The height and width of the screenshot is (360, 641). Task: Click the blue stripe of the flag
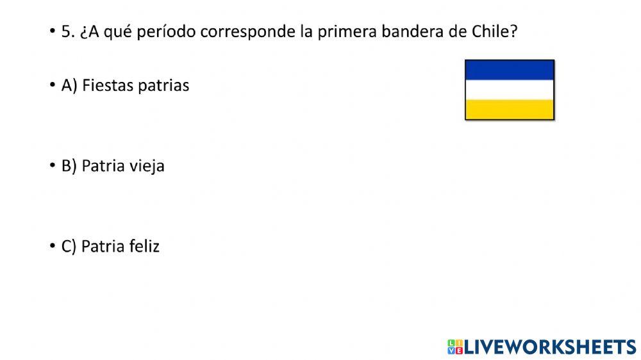point(509,70)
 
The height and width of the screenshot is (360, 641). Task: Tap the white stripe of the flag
point(509,90)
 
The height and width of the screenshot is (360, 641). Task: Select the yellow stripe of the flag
point(509,110)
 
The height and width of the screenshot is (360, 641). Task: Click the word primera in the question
point(351,32)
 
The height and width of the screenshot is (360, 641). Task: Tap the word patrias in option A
point(163,86)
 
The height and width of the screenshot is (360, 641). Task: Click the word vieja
point(148,167)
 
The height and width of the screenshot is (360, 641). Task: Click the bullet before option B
point(52,166)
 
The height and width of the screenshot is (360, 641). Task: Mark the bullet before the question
point(52,32)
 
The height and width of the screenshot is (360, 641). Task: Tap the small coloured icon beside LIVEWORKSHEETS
point(455,347)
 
